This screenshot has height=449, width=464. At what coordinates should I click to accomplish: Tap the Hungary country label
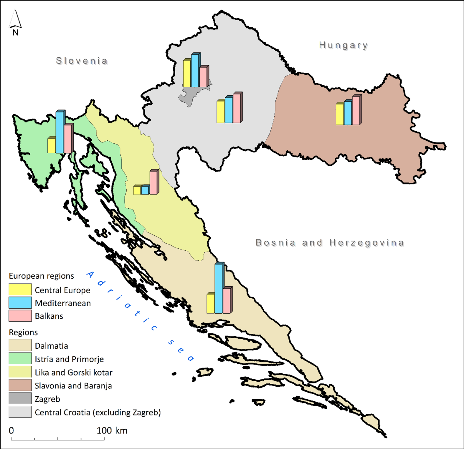coord(344,45)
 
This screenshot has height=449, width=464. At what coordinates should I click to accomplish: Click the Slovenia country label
coord(82,61)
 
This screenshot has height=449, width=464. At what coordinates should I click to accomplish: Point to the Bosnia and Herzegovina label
coord(330,243)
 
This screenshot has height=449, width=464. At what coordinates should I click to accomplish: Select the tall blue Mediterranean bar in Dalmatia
coord(219,288)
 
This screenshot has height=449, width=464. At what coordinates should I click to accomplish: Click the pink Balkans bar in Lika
coord(153,182)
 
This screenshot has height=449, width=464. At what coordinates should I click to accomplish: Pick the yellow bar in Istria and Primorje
coord(51,145)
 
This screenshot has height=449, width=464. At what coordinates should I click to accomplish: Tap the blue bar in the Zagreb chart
coord(195,71)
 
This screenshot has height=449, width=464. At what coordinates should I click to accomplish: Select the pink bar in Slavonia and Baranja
coord(356,110)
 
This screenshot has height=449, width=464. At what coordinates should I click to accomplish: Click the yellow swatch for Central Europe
coord(20,290)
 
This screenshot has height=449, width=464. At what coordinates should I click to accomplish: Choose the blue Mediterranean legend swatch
coord(20,303)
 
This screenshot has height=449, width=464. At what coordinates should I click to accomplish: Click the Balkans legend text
coord(49,316)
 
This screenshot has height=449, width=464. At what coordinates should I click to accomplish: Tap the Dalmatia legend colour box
coord(20,345)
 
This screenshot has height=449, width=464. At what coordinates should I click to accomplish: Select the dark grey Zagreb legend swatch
coord(20,399)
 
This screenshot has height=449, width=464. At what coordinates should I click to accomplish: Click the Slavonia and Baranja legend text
coord(73,386)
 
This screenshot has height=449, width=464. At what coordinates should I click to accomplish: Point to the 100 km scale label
coord(112,431)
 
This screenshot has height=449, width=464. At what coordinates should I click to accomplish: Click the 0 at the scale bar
coord(11,431)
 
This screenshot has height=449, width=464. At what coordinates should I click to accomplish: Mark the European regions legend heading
coord(41,276)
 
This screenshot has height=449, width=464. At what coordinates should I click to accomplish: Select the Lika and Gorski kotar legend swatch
coord(20,372)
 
